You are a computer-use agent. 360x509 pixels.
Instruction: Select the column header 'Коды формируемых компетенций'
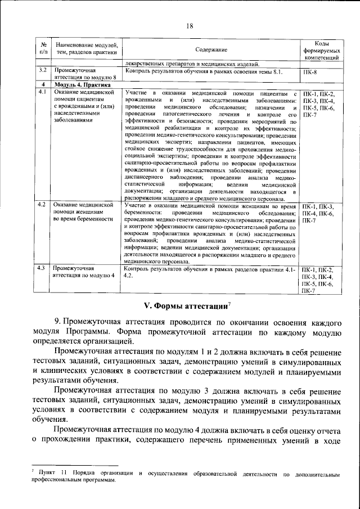click(321, 51)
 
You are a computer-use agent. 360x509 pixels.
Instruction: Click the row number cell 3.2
click(42, 71)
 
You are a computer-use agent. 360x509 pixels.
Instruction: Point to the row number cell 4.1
click(42, 92)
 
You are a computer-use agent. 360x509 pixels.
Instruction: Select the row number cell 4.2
click(42, 207)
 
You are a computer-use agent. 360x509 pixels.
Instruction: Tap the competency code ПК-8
click(310, 72)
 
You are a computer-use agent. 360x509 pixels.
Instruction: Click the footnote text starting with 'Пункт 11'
click(186, 479)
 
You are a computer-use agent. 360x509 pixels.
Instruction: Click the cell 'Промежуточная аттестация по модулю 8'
click(84, 75)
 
